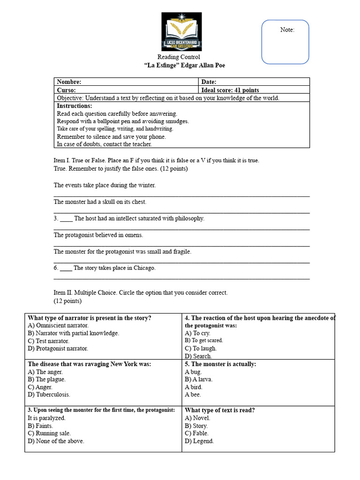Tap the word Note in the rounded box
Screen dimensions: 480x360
[287, 30]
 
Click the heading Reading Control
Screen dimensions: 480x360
[178, 57]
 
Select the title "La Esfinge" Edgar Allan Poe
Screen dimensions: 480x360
[181, 66]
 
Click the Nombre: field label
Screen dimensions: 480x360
[69, 82]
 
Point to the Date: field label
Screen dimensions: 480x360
[209, 82]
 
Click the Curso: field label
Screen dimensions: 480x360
[67, 90]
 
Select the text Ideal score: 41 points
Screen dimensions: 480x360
[230, 90]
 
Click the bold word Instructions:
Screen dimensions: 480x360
[75, 106]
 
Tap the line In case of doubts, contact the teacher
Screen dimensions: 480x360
[104, 144]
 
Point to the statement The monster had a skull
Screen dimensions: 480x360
[100, 202]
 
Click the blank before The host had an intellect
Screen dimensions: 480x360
[66, 219]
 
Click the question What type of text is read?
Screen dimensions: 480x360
[220, 410]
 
